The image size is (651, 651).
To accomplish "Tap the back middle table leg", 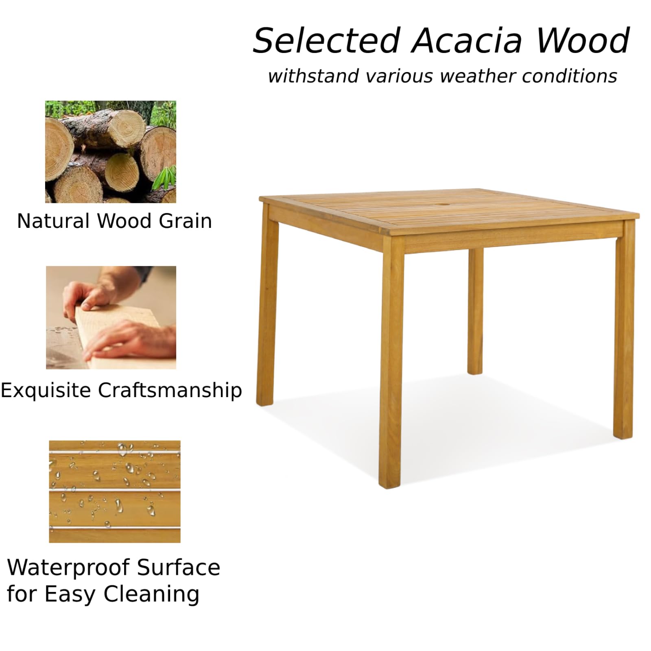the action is (475, 311).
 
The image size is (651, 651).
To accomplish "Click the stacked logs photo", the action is (111, 152).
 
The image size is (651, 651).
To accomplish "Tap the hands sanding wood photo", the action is (111, 318).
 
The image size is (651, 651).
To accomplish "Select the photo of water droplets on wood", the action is (115, 492).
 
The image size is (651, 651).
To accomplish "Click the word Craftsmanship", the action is (170, 391).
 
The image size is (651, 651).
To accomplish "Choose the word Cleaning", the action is (151, 594).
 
